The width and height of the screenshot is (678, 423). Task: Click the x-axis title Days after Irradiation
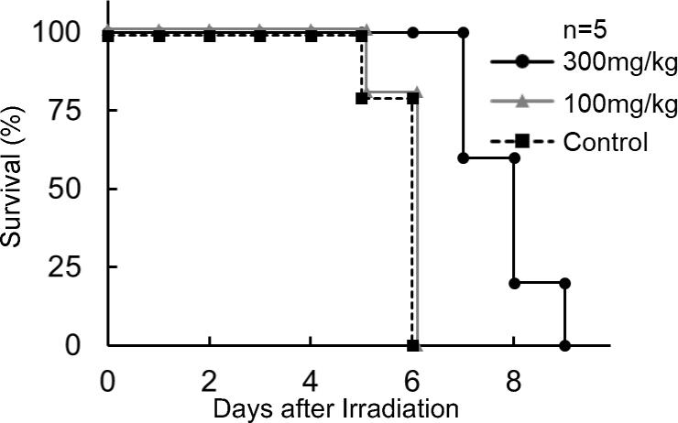click(336, 409)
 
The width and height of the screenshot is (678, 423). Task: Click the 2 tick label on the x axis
click(210, 378)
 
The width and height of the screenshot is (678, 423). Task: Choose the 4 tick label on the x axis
click(312, 378)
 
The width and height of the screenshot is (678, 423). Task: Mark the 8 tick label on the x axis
click(514, 378)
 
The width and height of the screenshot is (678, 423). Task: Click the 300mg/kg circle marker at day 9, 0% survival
click(564, 346)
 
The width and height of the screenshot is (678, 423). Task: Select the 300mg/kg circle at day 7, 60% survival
click(464, 157)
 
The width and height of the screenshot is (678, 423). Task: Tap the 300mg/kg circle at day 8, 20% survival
click(514, 283)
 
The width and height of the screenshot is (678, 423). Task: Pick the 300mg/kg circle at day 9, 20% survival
click(564, 283)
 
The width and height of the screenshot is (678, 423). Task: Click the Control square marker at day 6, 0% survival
click(412, 346)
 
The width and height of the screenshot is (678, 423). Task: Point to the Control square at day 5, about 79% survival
click(362, 97)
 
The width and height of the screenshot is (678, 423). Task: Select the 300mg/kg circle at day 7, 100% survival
click(464, 33)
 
